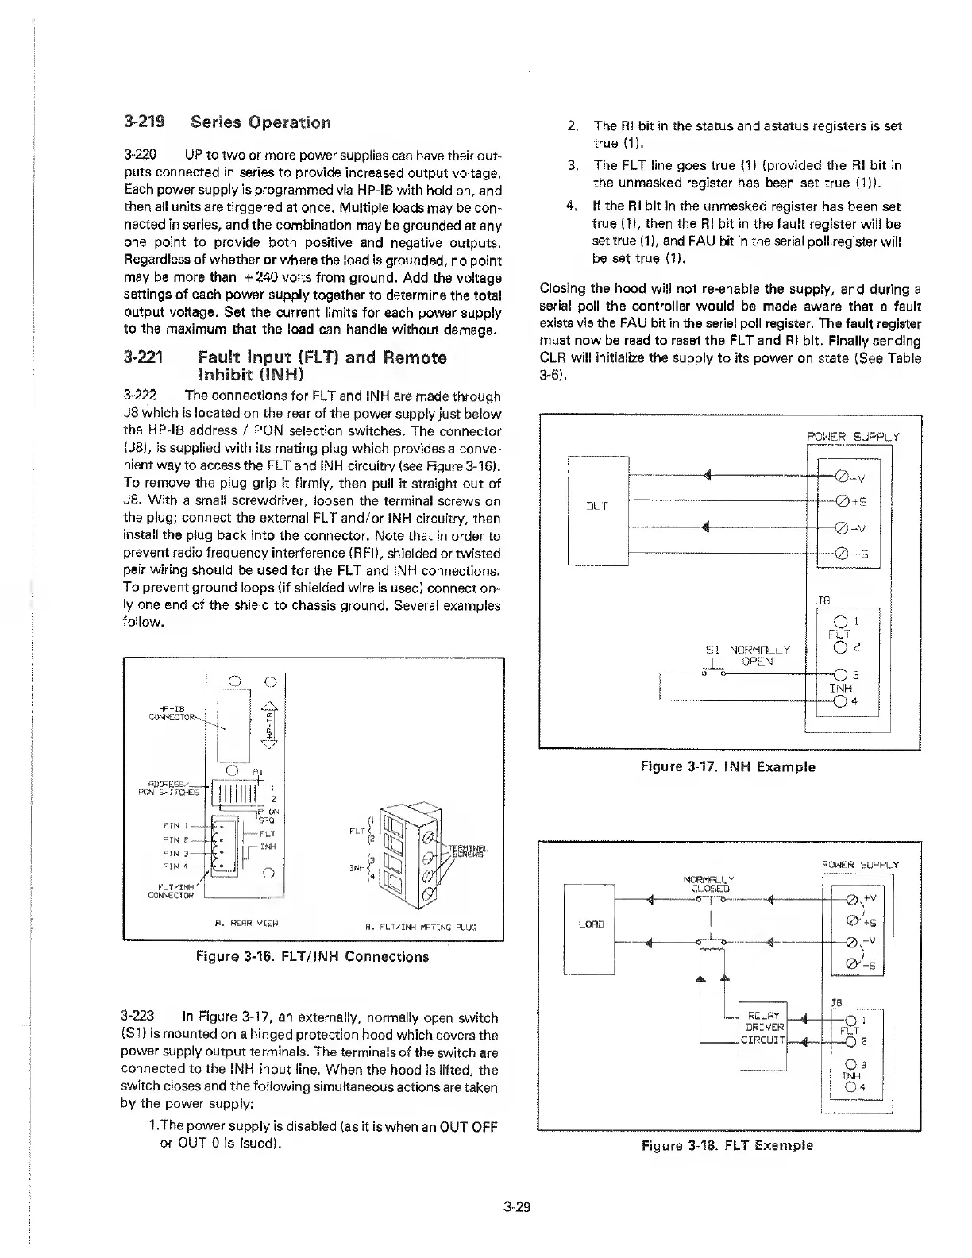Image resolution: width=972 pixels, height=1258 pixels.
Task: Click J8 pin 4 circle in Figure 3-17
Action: (839, 702)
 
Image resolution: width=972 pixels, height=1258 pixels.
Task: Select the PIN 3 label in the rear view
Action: (175, 854)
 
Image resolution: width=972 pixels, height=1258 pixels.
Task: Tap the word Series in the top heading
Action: (215, 123)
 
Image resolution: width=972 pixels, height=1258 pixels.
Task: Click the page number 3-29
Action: (516, 1208)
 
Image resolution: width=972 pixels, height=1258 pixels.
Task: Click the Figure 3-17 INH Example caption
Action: (727, 766)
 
